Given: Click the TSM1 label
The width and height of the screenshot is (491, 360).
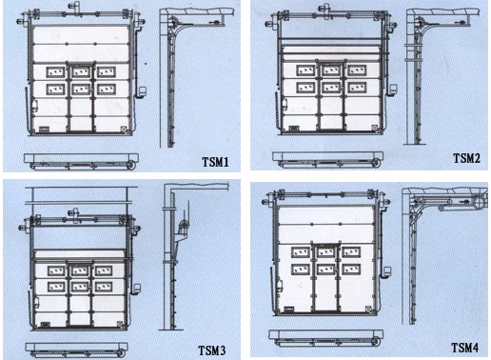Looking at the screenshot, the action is pos(215,162).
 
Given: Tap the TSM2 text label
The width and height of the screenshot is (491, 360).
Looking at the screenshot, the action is pos(466,158).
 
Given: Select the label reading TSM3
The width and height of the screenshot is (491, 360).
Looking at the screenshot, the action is pos(212,350).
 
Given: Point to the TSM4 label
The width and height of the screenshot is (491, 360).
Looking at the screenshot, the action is pos(465,348).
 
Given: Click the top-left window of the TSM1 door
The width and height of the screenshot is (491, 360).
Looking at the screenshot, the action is pos(55,72).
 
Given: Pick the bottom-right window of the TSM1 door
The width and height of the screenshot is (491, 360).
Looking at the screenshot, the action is pos(107,90).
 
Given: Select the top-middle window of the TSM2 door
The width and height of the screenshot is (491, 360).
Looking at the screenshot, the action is pos(331,70).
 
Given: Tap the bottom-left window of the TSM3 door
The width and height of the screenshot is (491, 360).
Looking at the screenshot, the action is pos(56,287).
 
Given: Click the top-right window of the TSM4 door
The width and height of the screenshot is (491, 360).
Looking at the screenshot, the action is pos(351,252).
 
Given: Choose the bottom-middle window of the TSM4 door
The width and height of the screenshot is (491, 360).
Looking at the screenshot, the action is pos(326,270).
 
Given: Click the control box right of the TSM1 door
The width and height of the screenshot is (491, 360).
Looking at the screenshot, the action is pos(142,91).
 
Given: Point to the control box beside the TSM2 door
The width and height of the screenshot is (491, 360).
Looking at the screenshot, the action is pos(393,89).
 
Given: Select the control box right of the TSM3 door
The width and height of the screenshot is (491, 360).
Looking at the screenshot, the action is pos(137,289).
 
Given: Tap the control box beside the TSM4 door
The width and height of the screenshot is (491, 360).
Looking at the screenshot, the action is pos(387,271).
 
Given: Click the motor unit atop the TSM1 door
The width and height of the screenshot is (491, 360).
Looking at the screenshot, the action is pos(75,7).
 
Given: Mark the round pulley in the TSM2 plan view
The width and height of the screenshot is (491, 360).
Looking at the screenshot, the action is pos(376,164).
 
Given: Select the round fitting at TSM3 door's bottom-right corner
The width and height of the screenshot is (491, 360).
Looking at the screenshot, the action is pos(120,324).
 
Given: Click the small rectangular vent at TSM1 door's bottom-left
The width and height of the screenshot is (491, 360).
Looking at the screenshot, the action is pos(44,129).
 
